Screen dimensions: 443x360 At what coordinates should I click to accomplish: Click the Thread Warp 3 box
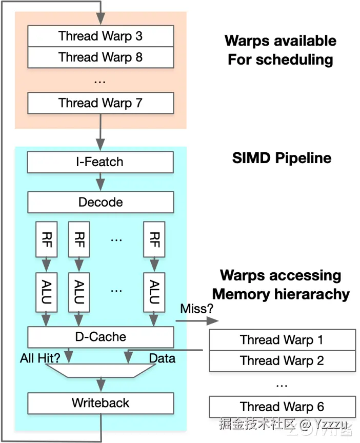[101, 36]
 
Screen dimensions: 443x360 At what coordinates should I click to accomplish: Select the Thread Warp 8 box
[101, 57]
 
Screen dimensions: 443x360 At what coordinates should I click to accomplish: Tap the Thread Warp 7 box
[101, 103]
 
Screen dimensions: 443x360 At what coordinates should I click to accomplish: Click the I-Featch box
[101, 162]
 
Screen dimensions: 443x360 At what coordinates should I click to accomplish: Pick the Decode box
[101, 202]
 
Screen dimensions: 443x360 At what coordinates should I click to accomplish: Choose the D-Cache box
[101, 337]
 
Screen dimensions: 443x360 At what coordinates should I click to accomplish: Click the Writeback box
[101, 402]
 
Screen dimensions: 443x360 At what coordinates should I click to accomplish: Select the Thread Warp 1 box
[282, 340]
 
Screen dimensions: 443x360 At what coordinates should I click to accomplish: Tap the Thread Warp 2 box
[282, 360]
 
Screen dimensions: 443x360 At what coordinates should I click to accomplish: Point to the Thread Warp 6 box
[282, 407]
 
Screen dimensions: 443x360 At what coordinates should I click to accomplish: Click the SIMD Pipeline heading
[282, 157]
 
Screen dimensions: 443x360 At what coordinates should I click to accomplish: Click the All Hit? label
[40, 358]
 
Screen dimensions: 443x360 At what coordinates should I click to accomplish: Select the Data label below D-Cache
[162, 358]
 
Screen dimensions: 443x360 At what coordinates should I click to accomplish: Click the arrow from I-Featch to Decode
[101, 182]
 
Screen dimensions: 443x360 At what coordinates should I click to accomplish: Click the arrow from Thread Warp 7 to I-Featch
[101, 131]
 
